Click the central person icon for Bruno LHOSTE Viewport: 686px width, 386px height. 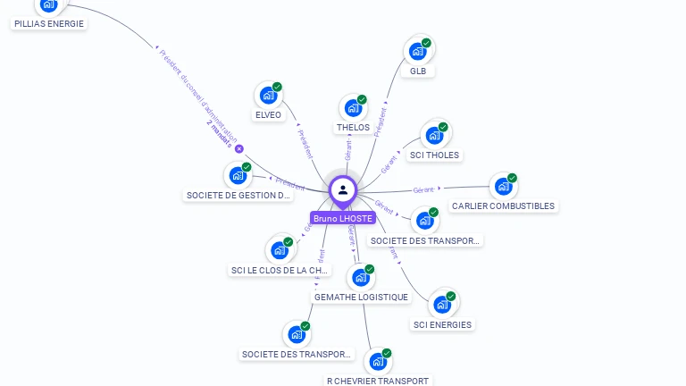(x=343, y=189)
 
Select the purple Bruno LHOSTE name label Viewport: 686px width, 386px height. (x=343, y=218)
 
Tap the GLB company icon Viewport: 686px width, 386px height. (x=417, y=52)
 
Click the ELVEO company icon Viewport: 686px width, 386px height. (x=268, y=95)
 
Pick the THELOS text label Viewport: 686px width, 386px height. (x=353, y=128)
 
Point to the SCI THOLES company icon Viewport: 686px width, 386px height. (x=434, y=136)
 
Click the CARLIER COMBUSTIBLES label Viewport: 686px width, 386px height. (x=503, y=206)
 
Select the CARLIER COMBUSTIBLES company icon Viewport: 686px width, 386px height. (x=504, y=187)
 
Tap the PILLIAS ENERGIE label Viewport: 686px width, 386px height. (x=50, y=24)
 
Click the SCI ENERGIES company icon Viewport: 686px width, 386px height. (x=442, y=305)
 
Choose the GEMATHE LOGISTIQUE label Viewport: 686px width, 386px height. (x=361, y=298)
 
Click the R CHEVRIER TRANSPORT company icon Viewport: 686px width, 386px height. (x=378, y=362)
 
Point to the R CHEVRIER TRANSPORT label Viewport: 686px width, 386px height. (x=378, y=381)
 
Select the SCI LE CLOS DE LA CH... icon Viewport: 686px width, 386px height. (x=279, y=250)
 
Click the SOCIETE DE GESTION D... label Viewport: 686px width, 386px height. (x=238, y=195)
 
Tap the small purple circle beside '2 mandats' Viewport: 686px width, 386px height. (x=239, y=149)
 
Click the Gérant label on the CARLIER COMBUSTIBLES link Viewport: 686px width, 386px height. (x=424, y=189)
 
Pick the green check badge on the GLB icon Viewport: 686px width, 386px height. (x=427, y=43)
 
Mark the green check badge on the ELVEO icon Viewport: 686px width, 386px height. (x=278, y=87)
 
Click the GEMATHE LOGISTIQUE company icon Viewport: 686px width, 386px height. (x=360, y=277)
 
